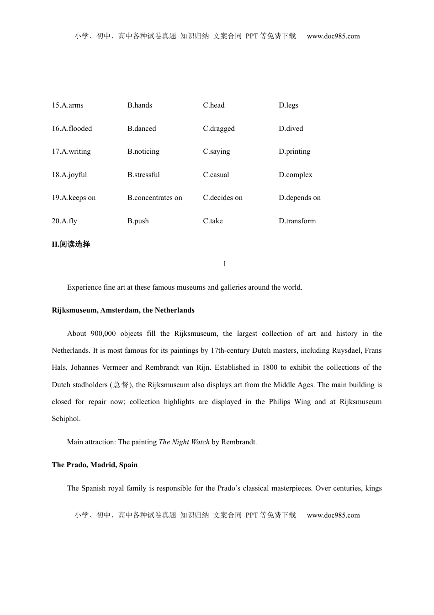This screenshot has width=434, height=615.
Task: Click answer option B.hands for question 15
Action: (140, 105)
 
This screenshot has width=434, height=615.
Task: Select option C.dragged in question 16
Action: (219, 129)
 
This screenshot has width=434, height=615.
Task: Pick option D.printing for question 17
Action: (295, 151)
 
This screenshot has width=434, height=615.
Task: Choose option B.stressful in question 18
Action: (143, 175)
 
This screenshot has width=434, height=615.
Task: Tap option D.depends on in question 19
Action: (300, 198)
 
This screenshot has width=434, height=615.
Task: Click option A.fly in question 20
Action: (64, 221)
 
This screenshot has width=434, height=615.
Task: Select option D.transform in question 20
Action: (297, 221)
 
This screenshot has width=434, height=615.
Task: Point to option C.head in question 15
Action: (214, 105)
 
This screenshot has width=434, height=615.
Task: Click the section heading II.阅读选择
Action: (71, 244)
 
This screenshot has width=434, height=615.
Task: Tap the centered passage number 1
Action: (224, 264)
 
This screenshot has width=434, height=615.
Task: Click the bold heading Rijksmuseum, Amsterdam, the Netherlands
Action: (123, 310)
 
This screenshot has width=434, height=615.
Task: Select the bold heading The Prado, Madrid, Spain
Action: (95, 465)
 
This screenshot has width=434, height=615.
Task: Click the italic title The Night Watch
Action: (184, 442)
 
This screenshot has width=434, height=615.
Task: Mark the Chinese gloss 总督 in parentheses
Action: (121, 385)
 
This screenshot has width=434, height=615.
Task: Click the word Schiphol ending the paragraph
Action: (66, 419)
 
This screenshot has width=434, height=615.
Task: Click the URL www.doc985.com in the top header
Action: (333, 36)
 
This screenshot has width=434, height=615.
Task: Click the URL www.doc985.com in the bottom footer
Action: (333, 515)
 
